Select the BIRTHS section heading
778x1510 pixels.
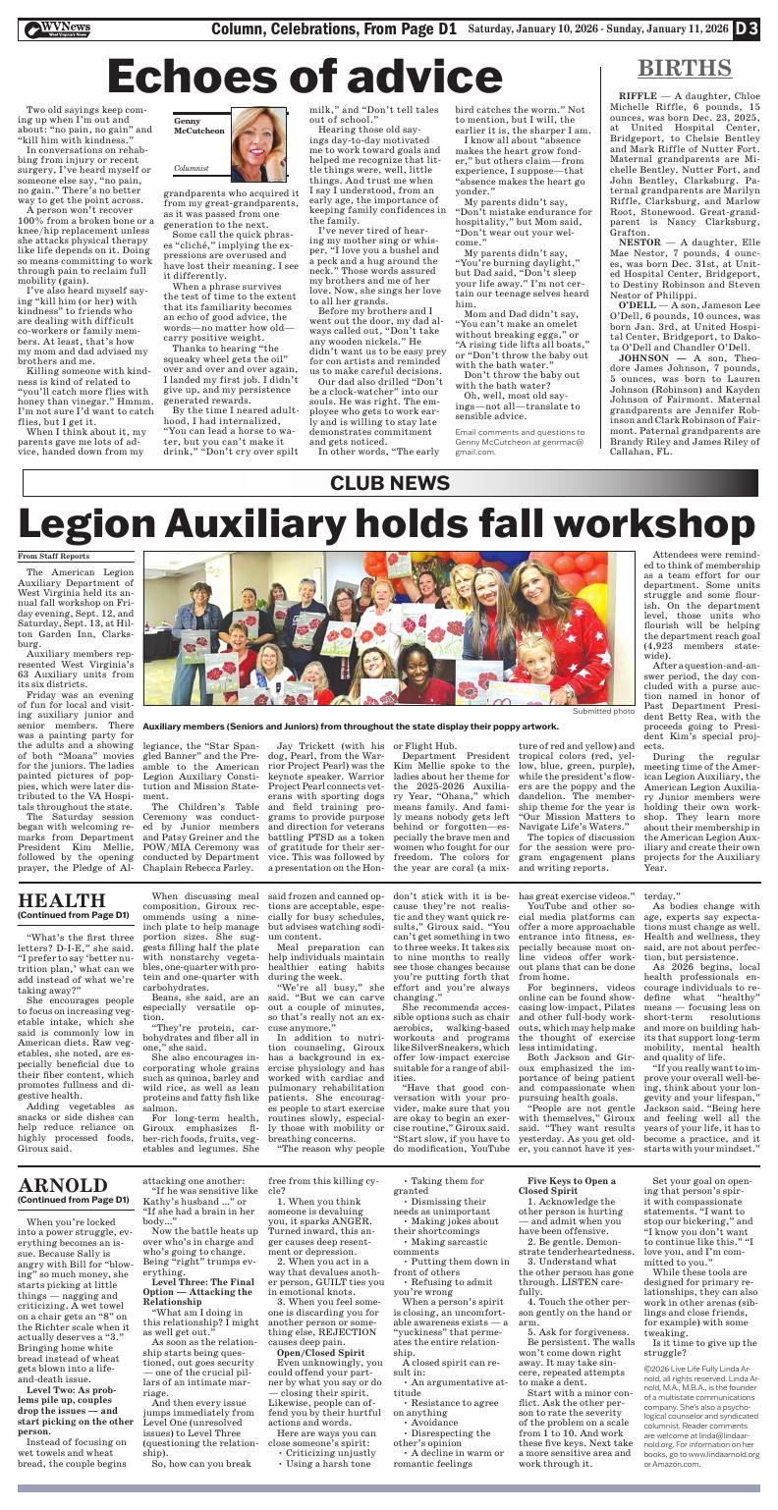point(684,69)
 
